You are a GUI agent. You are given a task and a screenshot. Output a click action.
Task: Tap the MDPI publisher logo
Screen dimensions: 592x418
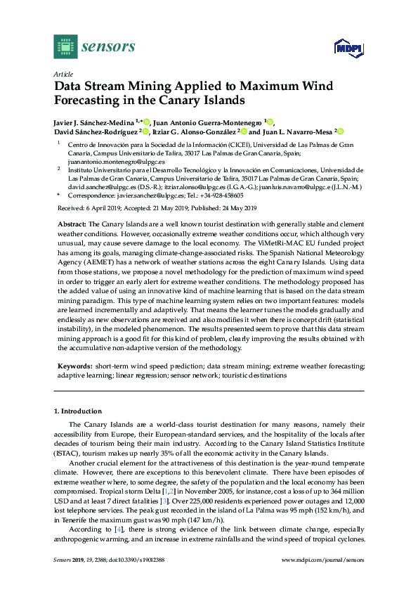click(347, 48)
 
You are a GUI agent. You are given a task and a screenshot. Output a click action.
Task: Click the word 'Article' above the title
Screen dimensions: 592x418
click(61, 74)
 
